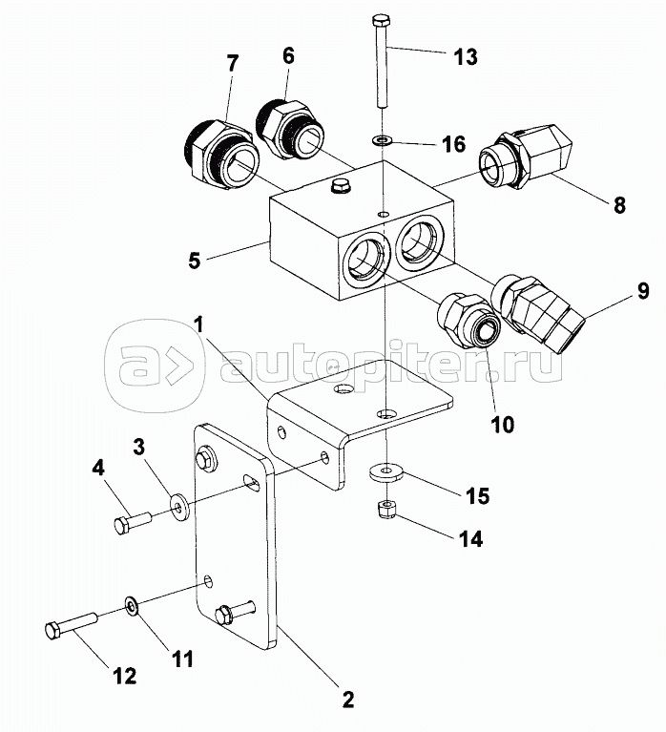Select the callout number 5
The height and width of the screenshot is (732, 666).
(x=195, y=258)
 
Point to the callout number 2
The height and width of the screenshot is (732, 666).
(x=347, y=699)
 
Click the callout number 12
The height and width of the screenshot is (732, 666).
(x=125, y=676)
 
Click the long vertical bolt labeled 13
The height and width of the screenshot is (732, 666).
(x=382, y=62)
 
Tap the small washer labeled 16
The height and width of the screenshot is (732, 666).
(x=382, y=141)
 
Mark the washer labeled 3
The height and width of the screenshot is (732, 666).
(x=178, y=503)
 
